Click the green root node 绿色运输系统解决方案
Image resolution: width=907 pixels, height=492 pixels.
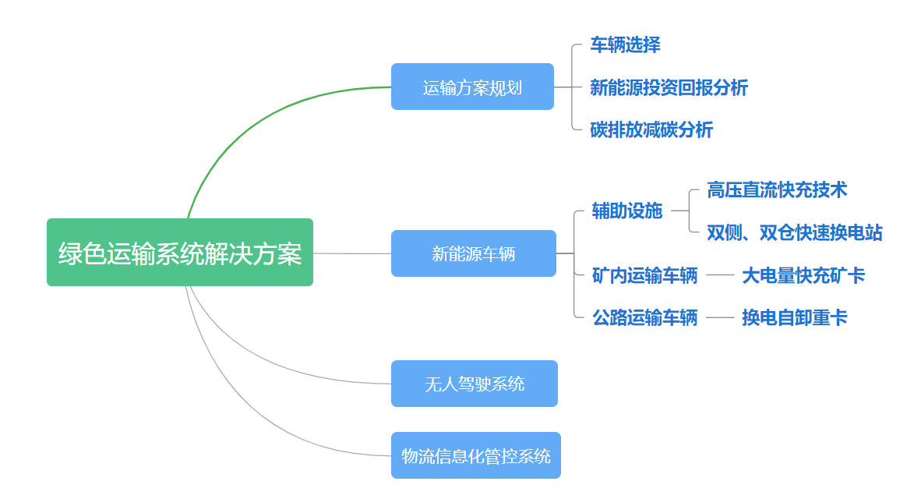(180, 253)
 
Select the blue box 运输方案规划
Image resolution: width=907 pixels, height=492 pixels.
(472, 87)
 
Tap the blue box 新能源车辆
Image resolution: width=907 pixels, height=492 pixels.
(474, 253)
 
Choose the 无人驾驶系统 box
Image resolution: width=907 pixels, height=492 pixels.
(474, 384)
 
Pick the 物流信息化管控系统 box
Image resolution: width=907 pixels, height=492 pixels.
(475, 455)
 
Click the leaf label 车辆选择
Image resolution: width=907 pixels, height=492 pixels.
(625, 45)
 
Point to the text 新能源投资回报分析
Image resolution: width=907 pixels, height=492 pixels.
(669, 87)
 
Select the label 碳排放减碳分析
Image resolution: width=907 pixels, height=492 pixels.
(651, 129)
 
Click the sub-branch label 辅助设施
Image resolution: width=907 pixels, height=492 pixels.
(627, 211)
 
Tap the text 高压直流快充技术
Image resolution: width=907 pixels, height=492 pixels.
(777, 189)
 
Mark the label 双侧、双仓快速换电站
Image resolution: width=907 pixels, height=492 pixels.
(795, 232)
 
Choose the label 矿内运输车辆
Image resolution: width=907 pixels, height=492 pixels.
(645, 275)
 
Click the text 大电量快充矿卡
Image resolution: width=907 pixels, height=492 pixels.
(803, 275)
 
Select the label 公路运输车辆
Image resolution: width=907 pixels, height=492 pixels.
(645, 317)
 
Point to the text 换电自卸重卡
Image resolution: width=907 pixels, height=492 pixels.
(795, 317)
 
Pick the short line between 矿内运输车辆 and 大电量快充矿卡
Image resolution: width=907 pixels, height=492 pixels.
(720, 275)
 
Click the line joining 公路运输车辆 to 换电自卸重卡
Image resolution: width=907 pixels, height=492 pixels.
(720, 317)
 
